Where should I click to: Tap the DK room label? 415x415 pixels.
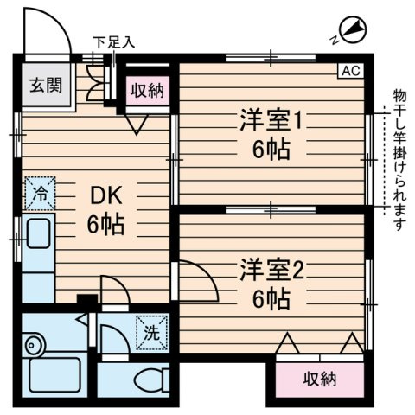point(106,198)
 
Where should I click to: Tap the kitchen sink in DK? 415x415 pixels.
point(38,234)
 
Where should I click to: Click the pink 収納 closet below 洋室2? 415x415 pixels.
point(320,378)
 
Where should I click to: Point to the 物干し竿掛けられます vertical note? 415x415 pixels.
point(399,161)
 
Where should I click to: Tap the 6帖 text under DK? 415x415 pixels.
point(106,226)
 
